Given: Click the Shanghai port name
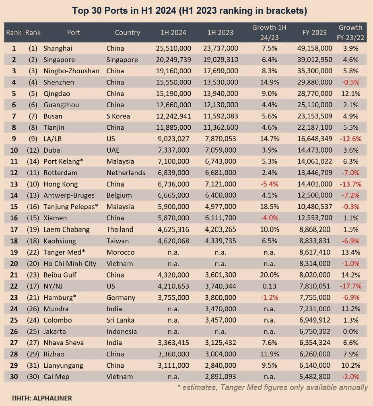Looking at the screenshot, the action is coord(58,48).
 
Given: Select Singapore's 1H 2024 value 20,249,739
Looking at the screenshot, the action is coord(173,60).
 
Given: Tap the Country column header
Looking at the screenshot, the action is coord(127,32).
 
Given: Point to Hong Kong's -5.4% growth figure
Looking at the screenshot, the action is coord(269,184).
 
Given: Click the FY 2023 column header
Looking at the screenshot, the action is coord(315,32).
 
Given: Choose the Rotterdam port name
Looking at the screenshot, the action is coord(60,173).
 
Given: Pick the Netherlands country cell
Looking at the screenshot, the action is coord(126,173).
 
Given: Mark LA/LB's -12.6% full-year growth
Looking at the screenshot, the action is coord(350,139).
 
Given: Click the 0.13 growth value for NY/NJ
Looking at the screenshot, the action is coord(269,286).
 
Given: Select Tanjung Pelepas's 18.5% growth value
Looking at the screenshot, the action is coord(269,207).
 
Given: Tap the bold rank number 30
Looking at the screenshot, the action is coord(14,377).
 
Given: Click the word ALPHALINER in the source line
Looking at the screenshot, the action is coord(52,398).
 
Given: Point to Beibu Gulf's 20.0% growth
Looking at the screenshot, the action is coord(269,275).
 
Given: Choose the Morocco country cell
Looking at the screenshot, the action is coord(120,252).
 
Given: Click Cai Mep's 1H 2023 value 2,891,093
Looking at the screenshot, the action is coord(221,377).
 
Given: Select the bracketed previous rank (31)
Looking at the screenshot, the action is coord(33,365).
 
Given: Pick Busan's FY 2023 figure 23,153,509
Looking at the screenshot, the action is coord(315,116).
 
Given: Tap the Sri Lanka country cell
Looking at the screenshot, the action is coord(120,320).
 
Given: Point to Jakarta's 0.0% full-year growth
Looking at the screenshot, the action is coord(350,331).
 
